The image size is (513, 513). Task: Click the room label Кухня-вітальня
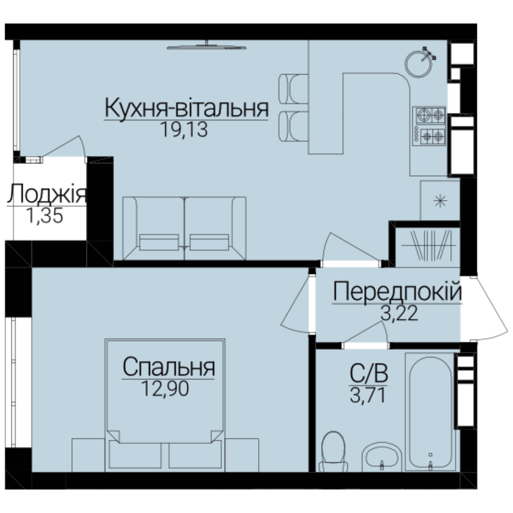pos(187,108)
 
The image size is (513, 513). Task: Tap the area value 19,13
pos(184,130)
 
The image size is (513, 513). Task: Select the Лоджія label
pos(47,194)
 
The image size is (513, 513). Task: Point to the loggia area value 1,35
pos(45,216)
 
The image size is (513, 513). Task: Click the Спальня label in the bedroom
pos(169,367)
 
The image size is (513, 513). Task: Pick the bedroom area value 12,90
pos(165,389)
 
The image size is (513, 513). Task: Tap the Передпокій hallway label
pos(397,292)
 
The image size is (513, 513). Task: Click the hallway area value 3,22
pos(399,313)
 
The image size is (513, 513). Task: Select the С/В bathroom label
pos(369,373)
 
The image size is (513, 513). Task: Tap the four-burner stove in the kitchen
pos(429,126)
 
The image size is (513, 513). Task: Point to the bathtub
pos(430,412)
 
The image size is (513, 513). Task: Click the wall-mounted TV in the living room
pos(207,47)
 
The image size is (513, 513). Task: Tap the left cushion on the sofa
pos(159,242)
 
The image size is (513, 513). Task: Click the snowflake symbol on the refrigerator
pos(440,201)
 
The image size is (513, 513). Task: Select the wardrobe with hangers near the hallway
pos(428,246)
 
